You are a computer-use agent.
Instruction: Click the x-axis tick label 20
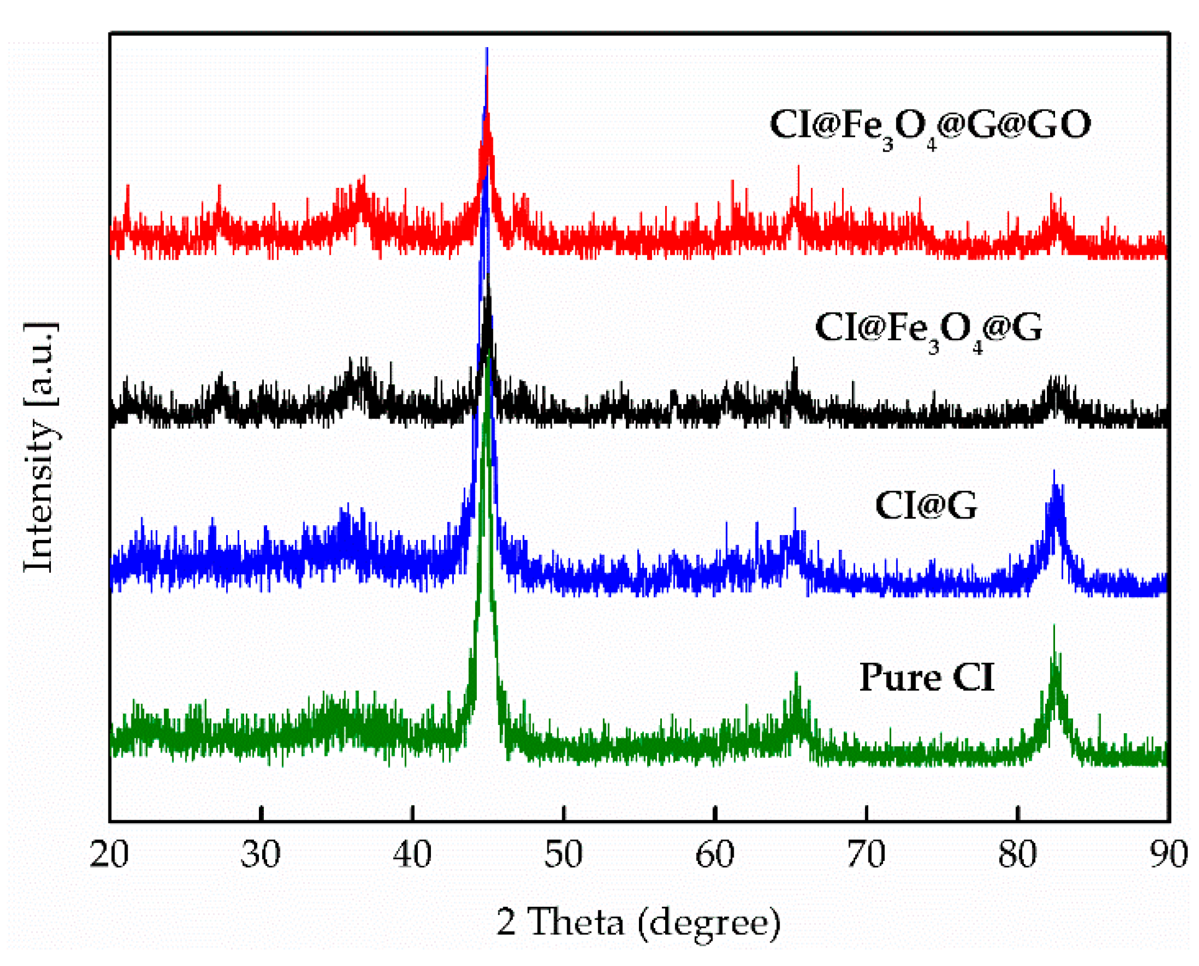tap(109, 854)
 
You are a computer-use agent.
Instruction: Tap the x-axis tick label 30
tap(261, 854)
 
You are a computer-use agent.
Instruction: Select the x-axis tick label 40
tap(412, 854)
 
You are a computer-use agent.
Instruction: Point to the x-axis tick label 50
tap(563, 854)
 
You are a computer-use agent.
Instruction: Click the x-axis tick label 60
tap(714, 854)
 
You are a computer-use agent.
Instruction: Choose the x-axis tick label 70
tap(866, 854)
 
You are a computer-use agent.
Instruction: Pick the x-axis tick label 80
tap(1018, 854)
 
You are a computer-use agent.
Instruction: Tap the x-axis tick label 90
tap(1169, 854)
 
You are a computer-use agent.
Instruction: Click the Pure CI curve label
tap(926, 677)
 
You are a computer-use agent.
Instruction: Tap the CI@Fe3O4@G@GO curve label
tap(930, 126)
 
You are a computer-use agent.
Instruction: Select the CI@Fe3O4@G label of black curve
tap(928, 329)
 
